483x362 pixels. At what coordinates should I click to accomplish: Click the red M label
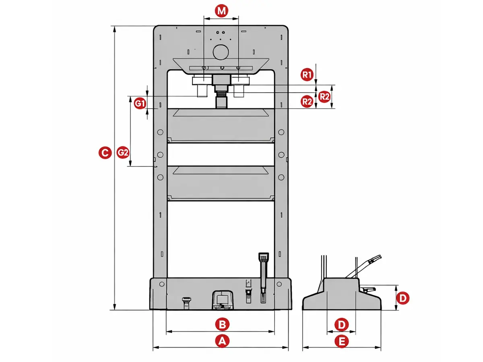point(221,10)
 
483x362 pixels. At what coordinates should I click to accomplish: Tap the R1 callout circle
point(307,75)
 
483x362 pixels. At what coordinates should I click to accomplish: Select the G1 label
point(140,103)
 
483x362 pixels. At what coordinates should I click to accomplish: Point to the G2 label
point(123,152)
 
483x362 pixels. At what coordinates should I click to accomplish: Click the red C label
point(105,152)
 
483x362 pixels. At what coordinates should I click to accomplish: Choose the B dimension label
point(222,324)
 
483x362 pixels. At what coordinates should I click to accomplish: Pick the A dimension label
point(222,341)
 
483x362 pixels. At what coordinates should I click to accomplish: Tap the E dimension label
point(341,341)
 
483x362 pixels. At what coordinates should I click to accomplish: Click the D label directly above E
point(341,325)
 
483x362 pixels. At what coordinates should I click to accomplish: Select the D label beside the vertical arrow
point(402,298)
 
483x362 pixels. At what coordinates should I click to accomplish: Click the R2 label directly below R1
point(307,101)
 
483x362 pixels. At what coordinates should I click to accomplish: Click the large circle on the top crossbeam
point(221,52)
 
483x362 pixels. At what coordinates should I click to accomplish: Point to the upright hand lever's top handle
point(263,257)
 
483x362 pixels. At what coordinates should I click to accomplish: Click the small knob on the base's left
point(186,302)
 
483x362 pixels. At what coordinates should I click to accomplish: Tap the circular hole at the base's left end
point(161,284)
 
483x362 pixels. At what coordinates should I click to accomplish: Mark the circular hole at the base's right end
point(279,284)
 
